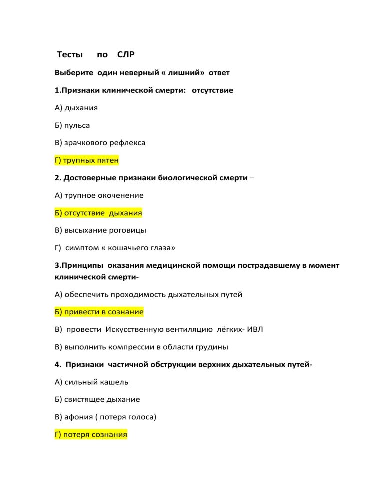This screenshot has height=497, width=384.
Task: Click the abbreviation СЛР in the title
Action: tap(126, 54)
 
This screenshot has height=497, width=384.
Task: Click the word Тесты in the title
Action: tap(70, 54)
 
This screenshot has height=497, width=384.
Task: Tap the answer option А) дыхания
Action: tap(76, 108)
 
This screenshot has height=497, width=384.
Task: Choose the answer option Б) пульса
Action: tap(72, 125)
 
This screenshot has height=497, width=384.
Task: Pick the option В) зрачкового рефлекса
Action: tap(100, 143)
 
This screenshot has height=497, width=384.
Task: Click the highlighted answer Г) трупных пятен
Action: tap(87, 160)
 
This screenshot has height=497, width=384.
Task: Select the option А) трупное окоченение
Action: tap(99, 195)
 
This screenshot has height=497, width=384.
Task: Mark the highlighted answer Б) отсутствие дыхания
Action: tap(98, 213)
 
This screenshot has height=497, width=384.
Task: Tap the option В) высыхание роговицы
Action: tap(100, 230)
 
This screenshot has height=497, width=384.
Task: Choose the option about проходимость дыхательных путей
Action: tap(148, 294)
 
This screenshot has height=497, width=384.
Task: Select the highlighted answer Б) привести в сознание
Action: tap(99, 312)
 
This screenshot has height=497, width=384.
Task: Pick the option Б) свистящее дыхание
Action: tap(97, 399)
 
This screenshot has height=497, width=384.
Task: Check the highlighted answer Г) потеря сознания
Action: tap(91, 434)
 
